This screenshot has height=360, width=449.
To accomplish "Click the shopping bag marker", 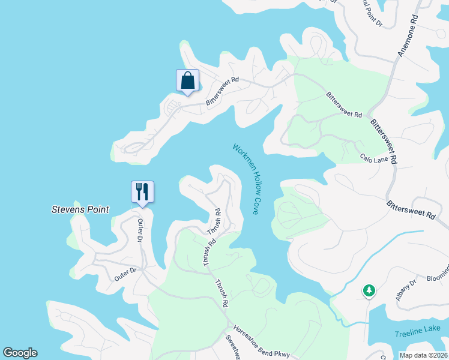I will pyautogui.click(x=187, y=80).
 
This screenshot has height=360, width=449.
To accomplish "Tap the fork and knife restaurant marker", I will pyautogui.click(x=142, y=192).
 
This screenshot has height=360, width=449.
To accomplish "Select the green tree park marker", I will pyautogui.click(x=369, y=291).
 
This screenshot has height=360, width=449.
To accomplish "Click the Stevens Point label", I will pyautogui.click(x=80, y=210).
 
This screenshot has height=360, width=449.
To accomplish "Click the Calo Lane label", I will pyautogui.click(x=374, y=158).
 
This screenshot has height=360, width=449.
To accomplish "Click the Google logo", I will pyautogui.click(x=20, y=353).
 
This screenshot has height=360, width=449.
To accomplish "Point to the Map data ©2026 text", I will pyautogui.click(x=423, y=355).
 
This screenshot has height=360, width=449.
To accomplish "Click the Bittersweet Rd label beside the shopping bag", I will pyautogui.click(x=222, y=91).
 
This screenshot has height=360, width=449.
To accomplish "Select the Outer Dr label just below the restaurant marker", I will pyautogui.click(x=140, y=230).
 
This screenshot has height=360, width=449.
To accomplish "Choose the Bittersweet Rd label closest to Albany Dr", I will pyautogui.click(x=411, y=212).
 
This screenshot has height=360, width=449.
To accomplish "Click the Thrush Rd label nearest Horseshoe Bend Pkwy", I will pyautogui.click(x=221, y=294).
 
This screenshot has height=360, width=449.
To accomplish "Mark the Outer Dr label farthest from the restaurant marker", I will pyautogui.click(x=125, y=275).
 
